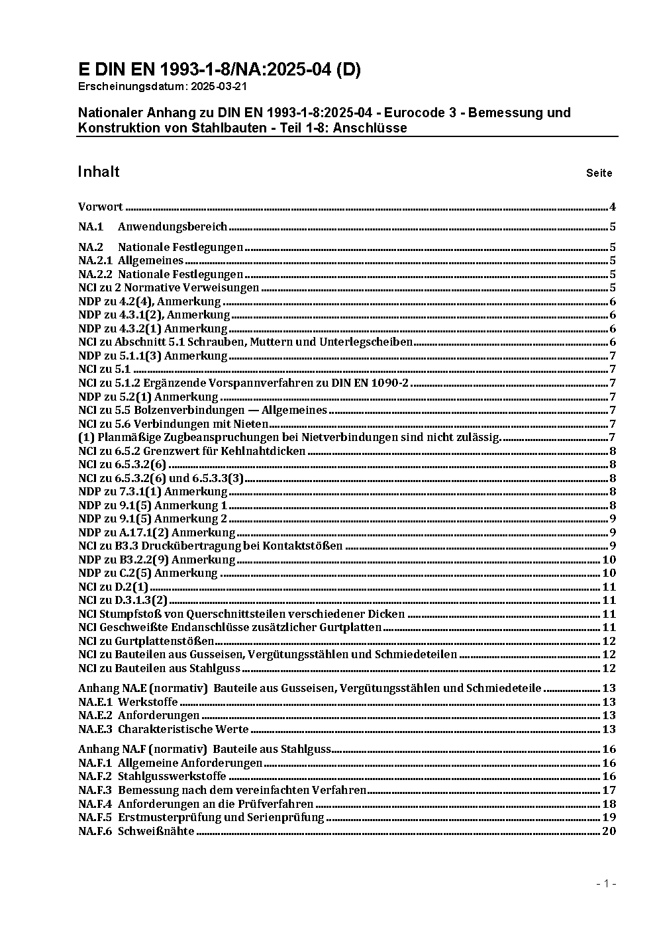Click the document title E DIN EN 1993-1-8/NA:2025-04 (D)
click(219, 70)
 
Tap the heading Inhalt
click(98, 172)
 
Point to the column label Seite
click(599, 173)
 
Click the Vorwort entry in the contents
click(101, 207)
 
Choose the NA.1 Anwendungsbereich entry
click(152, 226)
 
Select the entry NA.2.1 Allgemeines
click(130, 261)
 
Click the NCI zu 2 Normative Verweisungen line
click(168, 288)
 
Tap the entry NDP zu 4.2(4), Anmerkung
click(149, 302)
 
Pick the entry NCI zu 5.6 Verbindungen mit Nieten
click(173, 424)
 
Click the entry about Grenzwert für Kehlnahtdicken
click(191, 451)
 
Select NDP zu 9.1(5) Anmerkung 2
click(152, 519)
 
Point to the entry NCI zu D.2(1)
click(113, 587)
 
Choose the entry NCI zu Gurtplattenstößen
click(146, 641)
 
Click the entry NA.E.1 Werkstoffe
click(128, 702)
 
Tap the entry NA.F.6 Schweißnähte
click(136, 831)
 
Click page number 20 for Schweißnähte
click(609, 831)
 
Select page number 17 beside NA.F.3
click(609, 790)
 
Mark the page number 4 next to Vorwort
click(613, 207)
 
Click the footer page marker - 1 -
click(606, 883)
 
